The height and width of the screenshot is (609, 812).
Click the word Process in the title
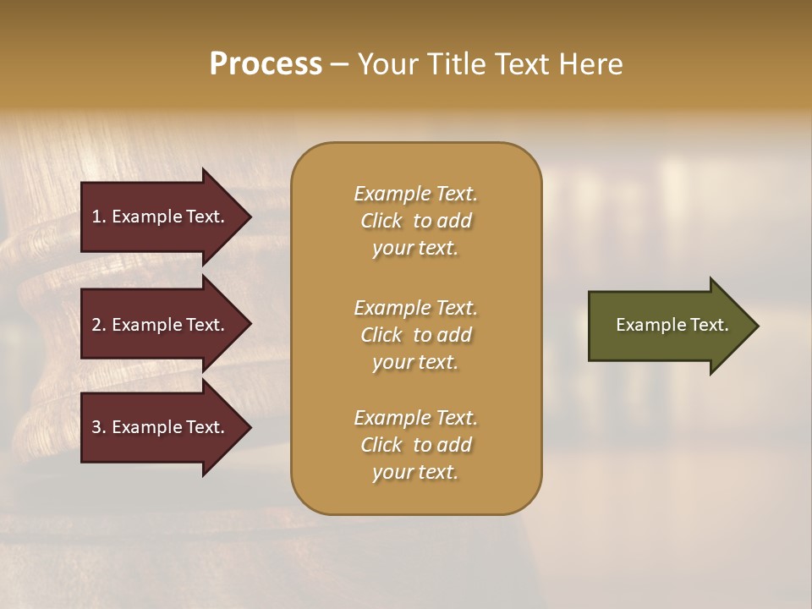(266, 64)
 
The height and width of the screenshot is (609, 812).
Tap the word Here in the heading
(590, 64)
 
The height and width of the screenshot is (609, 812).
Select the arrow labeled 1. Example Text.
(161, 217)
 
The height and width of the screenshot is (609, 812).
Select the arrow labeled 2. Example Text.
(161, 325)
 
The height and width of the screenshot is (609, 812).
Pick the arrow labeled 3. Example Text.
(161, 427)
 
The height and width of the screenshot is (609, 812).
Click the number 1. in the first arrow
(99, 217)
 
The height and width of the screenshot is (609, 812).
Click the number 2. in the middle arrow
(99, 325)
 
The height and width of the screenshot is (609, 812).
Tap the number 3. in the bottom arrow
(99, 427)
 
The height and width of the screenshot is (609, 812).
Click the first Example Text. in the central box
(415, 194)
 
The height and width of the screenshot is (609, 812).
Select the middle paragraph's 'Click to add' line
(415, 335)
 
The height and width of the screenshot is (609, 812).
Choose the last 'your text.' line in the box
(415, 472)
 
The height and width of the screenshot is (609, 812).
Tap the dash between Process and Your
(339, 64)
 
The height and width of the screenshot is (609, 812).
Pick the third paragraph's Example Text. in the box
(415, 418)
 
